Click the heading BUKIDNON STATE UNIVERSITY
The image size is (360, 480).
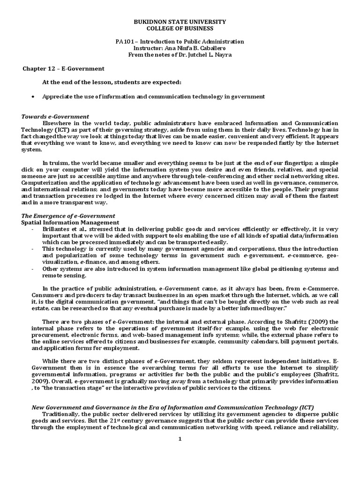(180, 22)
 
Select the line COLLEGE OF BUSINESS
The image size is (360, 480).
(180, 29)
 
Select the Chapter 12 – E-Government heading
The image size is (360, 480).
(64, 68)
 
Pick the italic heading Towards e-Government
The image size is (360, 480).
(55, 116)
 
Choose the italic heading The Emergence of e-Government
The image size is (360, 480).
(69, 216)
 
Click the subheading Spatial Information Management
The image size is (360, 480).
(70, 222)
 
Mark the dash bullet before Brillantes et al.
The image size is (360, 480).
(32, 229)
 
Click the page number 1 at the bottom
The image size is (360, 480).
(180, 439)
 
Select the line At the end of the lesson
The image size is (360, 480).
(112, 82)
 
